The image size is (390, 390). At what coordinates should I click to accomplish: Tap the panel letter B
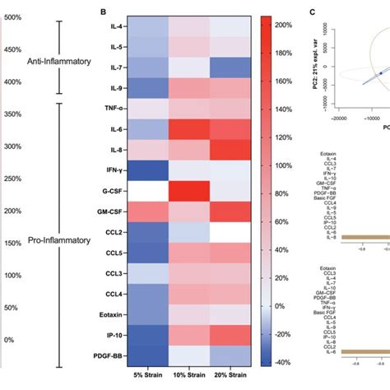click(103, 12)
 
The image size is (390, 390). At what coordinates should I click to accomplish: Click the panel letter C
click(312, 12)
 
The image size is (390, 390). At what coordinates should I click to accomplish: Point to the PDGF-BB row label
click(111, 356)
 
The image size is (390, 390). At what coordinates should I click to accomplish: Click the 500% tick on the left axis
click(12, 18)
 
